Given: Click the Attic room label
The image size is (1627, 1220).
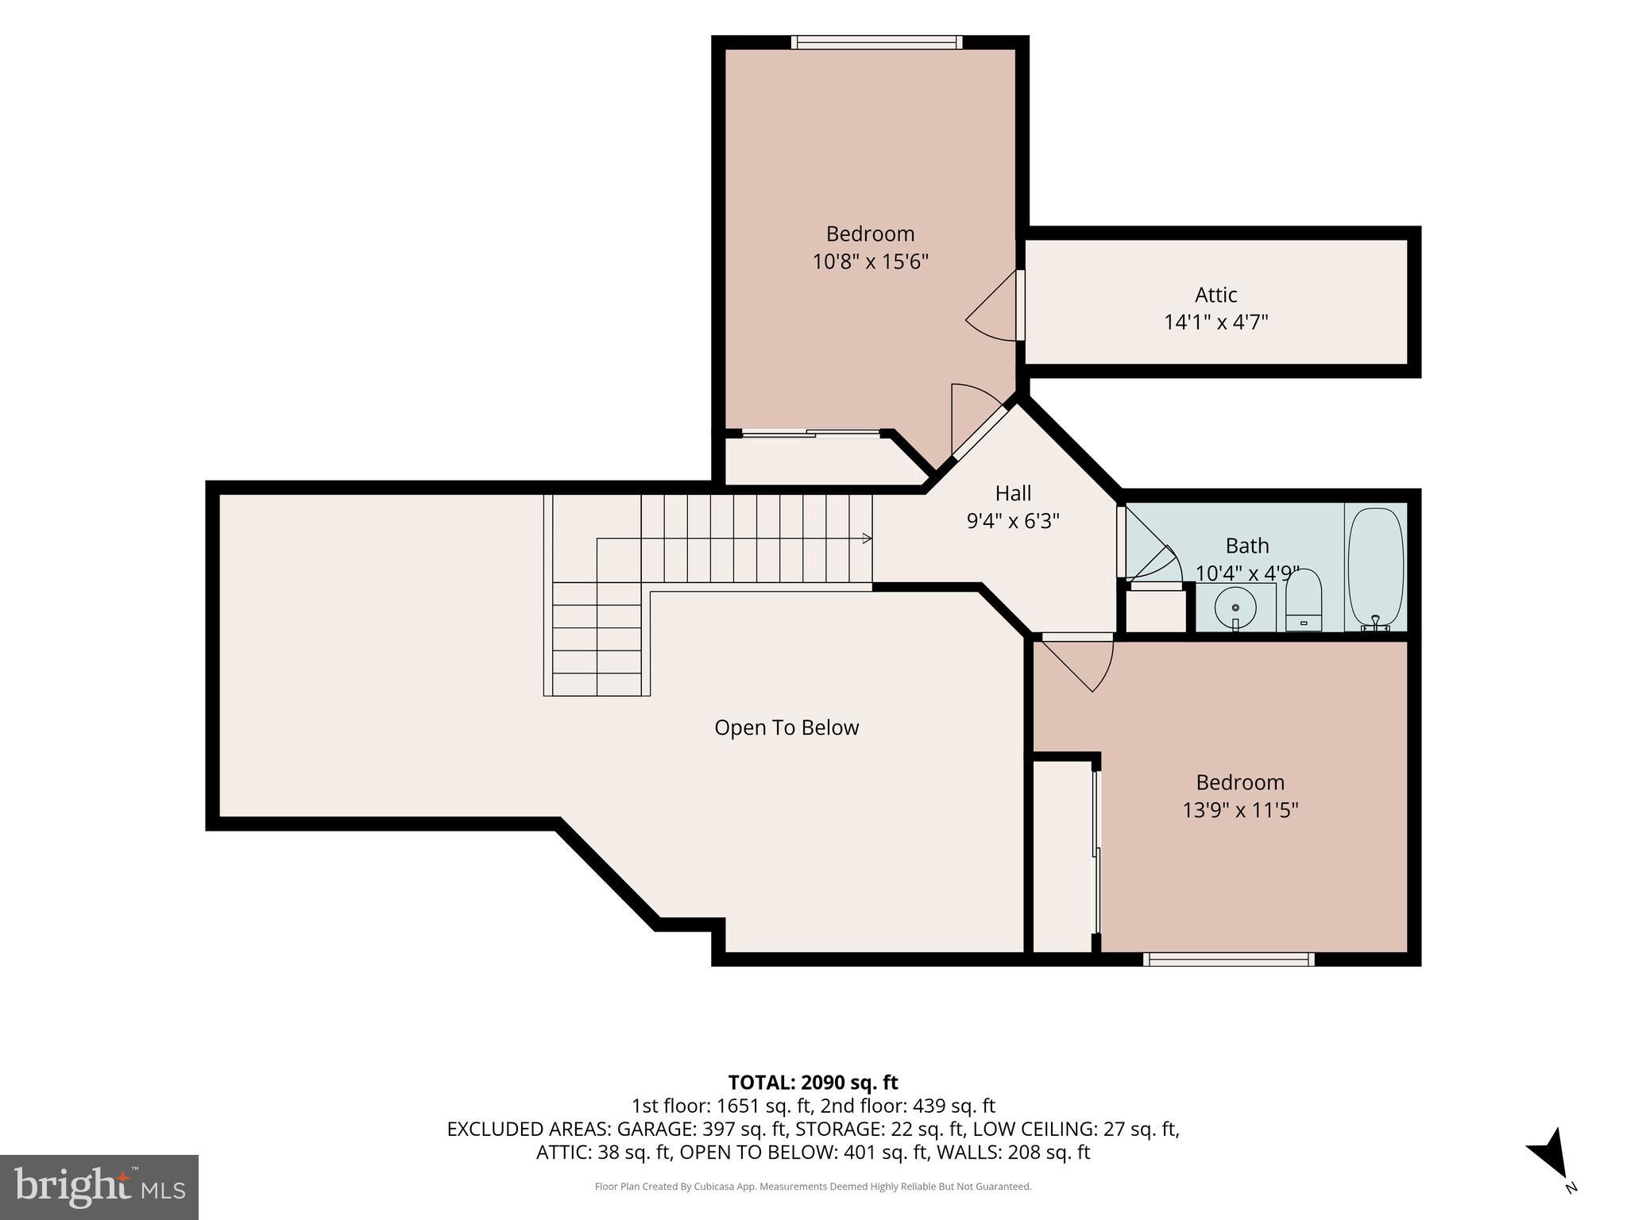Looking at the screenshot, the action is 1215,295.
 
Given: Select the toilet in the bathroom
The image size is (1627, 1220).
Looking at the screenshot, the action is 1304,600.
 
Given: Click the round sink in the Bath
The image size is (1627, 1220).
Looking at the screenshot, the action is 1235,608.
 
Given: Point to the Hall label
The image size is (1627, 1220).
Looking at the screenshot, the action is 1013,493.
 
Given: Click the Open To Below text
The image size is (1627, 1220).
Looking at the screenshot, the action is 786,728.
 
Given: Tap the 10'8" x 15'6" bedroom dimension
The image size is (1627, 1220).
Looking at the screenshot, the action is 870,261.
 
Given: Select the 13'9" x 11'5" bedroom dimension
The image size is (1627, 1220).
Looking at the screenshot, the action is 1240,810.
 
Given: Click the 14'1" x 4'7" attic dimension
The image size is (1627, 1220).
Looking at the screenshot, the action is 1215,322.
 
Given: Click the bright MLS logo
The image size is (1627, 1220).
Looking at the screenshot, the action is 99,1187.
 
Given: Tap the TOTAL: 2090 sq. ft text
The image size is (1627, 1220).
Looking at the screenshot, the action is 813,1083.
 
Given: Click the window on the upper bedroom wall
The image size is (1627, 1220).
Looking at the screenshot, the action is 876,42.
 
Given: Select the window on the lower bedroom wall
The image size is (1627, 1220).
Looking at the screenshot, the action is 1228,959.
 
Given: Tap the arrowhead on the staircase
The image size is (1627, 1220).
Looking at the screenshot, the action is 868,539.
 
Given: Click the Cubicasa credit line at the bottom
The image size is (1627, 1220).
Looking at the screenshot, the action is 813,1187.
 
